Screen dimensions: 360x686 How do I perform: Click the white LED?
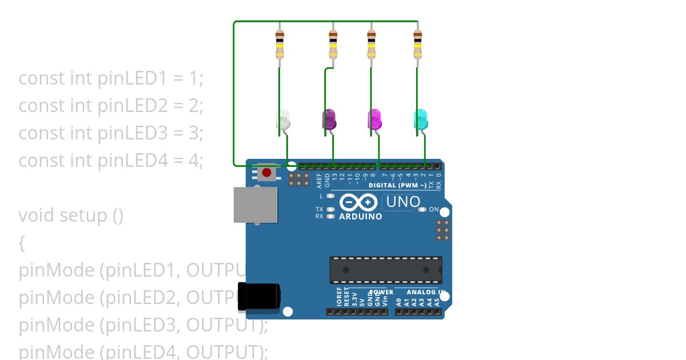[x=283, y=119]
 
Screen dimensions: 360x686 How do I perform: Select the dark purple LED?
[x=329, y=119]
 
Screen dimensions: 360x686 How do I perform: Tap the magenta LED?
[x=374, y=119]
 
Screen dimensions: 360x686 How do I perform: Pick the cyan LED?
[x=421, y=119]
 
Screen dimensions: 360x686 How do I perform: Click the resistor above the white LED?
[x=280, y=44]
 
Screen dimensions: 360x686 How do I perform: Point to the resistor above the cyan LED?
[x=417, y=44]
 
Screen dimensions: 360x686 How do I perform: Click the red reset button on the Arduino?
[x=266, y=172]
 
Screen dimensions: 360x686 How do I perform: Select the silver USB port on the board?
[x=255, y=205]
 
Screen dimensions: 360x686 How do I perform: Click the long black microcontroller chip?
[x=385, y=270]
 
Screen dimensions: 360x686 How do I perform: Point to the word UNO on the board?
[x=403, y=202]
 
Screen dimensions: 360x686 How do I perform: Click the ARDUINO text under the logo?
[x=360, y=217]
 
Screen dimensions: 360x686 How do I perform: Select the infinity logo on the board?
[x=358, y=202]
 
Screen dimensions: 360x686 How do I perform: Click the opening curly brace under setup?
[x=22, y=244]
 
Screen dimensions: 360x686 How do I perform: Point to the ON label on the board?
[x=434, y=210]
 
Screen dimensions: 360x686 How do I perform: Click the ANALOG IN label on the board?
[x=425, y=293]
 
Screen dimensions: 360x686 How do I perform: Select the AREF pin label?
[x=320, y=181]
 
